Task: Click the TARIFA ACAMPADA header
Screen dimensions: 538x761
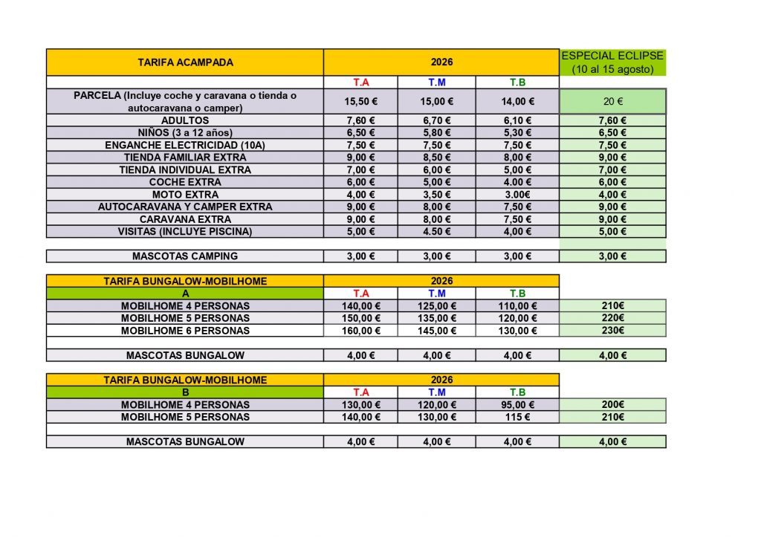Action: click(x=185, y=62)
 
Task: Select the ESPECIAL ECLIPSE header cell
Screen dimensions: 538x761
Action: click(x=612, y=62)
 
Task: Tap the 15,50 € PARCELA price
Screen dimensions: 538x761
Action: click(x=360, y=102)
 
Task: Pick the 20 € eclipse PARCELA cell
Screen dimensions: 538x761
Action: click(x=612, y=102)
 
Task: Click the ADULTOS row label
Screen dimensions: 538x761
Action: click(x=185, y=120)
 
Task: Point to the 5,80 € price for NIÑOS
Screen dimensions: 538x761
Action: click(x=435, y=133)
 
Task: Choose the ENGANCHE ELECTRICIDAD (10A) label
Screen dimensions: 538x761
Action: click(x=185, y=145)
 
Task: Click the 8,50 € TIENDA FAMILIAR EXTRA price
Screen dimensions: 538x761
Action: click(x=435, y=158)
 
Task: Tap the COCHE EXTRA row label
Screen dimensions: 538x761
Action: click(x=185, y=182)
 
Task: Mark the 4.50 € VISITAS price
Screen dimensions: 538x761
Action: click(x=435, y=231)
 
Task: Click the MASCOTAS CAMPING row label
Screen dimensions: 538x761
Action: click(x=185, y=256)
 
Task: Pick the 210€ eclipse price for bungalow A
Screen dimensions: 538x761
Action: click(x=612, y=305)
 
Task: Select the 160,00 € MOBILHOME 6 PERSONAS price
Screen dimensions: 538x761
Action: click(x=360, y=331)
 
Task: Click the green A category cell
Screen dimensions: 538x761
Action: click(x=185, y=294)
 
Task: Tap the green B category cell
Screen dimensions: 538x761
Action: click(x=185, y=392)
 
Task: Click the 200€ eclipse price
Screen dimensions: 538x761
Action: click(x=612, y=405)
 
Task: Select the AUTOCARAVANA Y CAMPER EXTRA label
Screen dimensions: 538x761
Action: click(x=185, y=207)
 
